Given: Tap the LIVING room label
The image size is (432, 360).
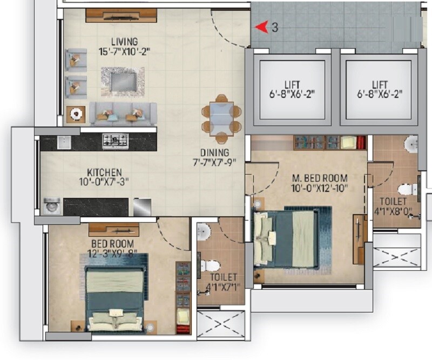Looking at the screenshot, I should (125, 42).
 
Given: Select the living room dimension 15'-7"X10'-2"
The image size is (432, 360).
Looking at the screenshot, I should (124, 52).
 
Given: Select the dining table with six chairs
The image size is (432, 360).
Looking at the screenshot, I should (221, 117).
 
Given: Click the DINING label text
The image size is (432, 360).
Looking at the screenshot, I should (214, 153).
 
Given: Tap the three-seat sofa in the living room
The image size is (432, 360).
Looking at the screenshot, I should (123, 114).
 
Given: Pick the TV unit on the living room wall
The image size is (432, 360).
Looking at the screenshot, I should (121, 15).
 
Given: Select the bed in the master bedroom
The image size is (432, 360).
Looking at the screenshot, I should (286, 238).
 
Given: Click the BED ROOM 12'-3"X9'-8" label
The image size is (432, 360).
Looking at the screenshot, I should (114, 249).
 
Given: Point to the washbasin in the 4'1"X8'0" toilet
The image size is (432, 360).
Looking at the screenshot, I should (411, 143).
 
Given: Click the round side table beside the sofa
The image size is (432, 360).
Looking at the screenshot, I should (76, 114).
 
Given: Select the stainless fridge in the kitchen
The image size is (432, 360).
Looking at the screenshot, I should (142, 206).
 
